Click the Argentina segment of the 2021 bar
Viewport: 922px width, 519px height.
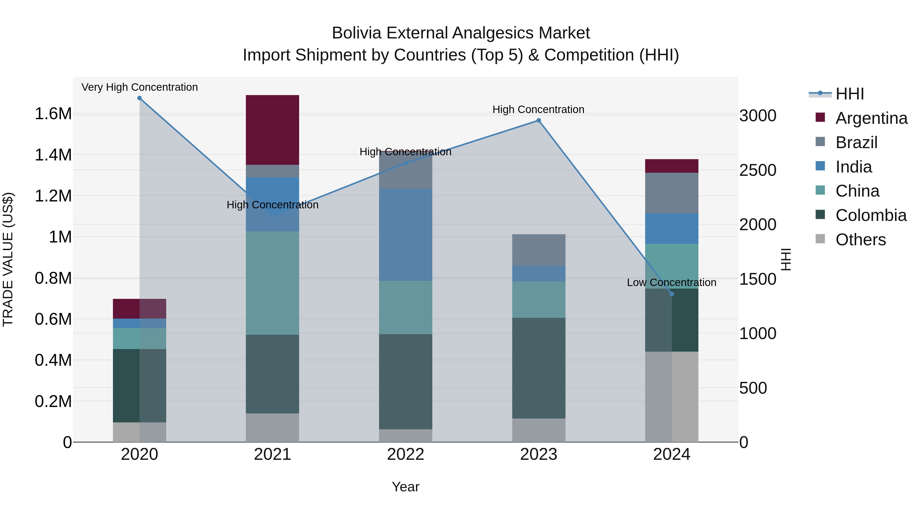click(x=273, y=130)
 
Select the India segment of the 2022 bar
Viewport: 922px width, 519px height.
click(x=405, y=235)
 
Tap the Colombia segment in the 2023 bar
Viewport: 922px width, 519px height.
click(x=539, y=368)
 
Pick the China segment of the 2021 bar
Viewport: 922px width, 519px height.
click(x=273, y=283)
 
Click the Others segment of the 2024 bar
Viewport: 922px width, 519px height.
click(x=672, y=396)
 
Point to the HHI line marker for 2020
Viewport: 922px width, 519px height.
click(x=140, y=98)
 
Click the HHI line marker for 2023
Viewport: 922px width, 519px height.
click(x=539, y=121)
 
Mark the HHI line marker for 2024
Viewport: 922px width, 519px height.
click(x=672, y=294)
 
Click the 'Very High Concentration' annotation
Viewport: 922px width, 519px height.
click(x=140, y=87)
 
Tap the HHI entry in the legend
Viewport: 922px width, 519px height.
click(x=849, y=94)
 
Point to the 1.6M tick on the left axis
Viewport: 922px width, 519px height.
click(x=53, y=114)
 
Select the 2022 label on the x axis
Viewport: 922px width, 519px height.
click(x=405, y=454)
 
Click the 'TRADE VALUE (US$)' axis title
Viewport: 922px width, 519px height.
click(x=8, y=259)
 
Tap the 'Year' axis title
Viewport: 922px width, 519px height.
click(x=405, y=487)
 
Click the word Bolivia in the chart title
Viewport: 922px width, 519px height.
click(x=357, y=33)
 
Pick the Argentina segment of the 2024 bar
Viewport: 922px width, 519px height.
click(x=672, y=166)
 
